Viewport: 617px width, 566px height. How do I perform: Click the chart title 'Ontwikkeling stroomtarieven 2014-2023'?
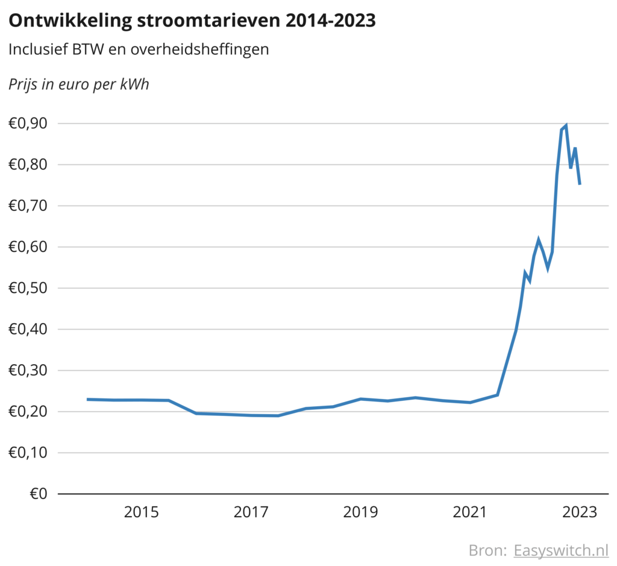(192, 20)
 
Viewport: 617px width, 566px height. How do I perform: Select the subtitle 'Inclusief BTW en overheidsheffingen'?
(139, 49)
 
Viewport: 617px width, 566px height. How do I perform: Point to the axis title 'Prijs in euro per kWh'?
(79, 84)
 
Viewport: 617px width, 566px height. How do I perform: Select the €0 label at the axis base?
(38, 494)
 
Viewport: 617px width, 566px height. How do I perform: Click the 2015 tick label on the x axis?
(141, 513)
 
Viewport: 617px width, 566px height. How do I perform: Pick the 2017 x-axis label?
(251, 513)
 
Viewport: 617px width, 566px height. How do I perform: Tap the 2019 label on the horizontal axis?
(360, 513)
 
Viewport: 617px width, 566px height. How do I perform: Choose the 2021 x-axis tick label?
(470, 513)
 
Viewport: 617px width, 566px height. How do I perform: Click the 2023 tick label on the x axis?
(579, 513)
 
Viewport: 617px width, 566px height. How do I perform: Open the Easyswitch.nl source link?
(561, 550)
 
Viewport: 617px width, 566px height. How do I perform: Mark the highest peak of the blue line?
(566, 126)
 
